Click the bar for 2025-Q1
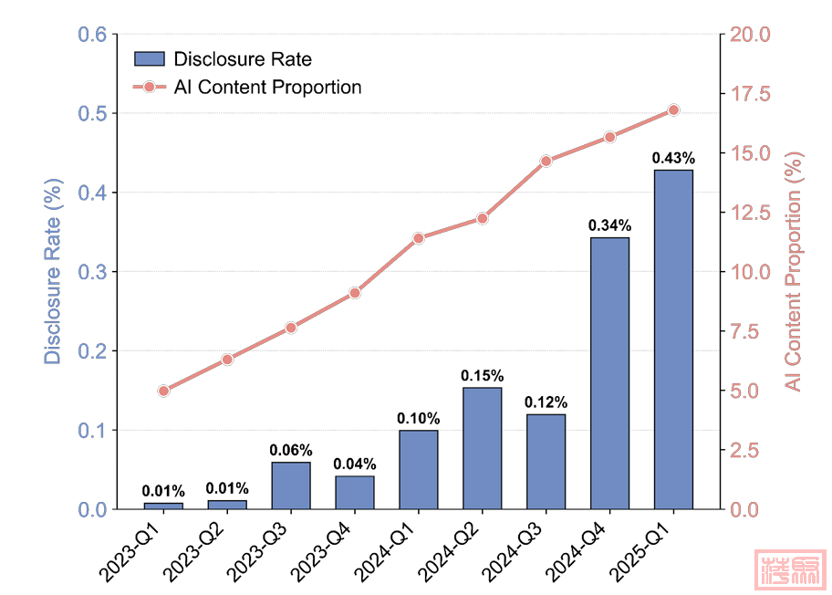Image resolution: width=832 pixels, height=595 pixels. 673,339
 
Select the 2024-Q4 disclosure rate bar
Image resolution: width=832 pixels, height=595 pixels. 609,373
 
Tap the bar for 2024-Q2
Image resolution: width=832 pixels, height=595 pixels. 482,448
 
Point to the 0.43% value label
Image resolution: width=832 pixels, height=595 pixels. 673,158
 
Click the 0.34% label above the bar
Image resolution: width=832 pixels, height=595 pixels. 609,225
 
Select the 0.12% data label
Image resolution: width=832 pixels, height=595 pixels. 546,402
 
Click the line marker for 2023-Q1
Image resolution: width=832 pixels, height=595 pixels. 163,391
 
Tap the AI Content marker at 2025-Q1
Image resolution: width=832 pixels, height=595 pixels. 673,110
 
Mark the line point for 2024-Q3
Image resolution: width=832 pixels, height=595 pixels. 546,162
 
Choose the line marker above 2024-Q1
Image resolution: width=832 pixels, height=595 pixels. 419,238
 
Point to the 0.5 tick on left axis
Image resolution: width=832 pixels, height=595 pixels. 95,114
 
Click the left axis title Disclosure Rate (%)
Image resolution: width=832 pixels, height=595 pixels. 53,271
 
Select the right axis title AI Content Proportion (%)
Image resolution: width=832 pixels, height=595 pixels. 795,271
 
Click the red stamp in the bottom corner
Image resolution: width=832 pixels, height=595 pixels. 790,568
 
